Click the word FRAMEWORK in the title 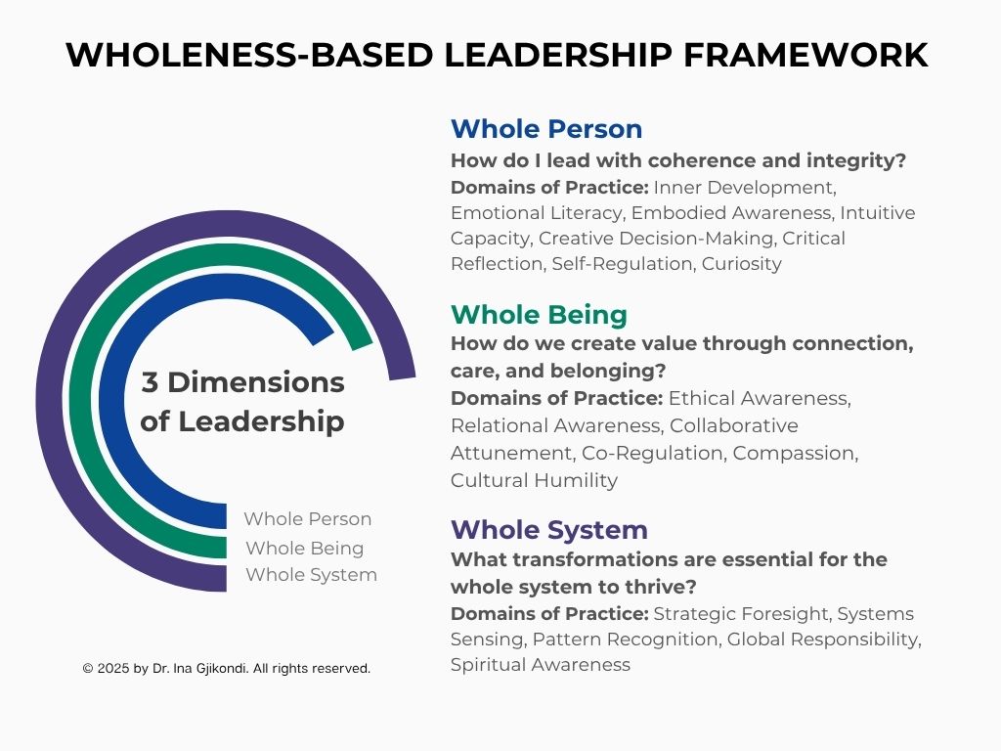805,55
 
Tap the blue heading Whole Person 546,129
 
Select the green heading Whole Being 539,315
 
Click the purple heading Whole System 549,530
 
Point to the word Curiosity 741,264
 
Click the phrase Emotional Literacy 536,213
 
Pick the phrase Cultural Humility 534,480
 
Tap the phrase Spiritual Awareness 540,665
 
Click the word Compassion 795,454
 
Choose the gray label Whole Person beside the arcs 307,518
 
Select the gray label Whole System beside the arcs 311,575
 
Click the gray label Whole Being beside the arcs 305,548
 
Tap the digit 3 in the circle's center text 150,382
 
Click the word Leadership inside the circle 261,422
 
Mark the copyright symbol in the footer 88,669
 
